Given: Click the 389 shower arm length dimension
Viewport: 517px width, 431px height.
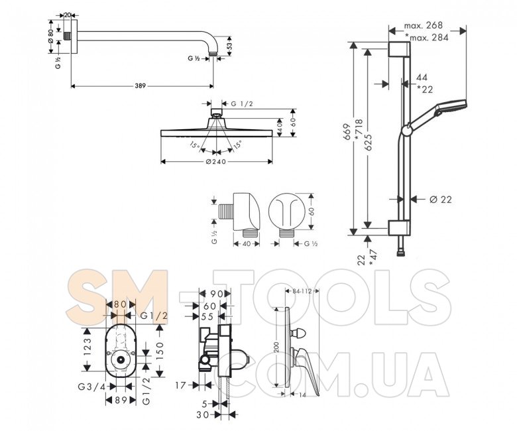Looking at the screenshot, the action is click(140, 86).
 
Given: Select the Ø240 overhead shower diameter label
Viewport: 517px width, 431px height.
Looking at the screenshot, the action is click(216, 162).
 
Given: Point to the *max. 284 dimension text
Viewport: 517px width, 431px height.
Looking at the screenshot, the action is click(427, 38).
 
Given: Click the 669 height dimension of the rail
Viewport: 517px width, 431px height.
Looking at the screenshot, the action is click(347, 132).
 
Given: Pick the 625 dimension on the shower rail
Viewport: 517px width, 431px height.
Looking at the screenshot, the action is click(369, 142).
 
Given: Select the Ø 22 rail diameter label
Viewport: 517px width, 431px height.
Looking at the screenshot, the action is click(441, 200).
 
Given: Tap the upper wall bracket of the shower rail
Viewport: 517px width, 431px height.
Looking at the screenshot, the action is click(399, 50).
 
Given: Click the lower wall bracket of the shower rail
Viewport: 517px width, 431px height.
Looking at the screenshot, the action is click(399, 228).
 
